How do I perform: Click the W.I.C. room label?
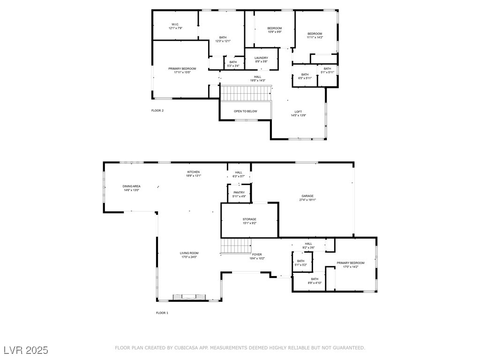pos(175,24)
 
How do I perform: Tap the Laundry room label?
pos(262,58)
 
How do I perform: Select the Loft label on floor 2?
pos(298,112)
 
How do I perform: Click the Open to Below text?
pos(246,112)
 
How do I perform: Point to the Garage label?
pos(307,196)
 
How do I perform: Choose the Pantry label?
pos(239,193)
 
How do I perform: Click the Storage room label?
pos(249,219)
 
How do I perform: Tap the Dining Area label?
pos(131,186)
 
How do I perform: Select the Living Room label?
pos(189,253)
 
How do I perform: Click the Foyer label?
pos(257,255)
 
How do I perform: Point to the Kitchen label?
pos(194,172)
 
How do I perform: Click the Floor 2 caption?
pos(157,111)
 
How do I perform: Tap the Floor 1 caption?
pos(162,313)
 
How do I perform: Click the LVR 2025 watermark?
pos(26,350)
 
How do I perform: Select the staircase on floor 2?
pos(246,93)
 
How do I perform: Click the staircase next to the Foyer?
pos(236,246)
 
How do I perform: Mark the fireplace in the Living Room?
pos(189,297)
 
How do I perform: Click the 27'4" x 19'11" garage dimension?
pos(307,200)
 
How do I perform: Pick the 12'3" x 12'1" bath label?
pos(223,41)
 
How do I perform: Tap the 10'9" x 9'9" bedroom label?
pos(275,32)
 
